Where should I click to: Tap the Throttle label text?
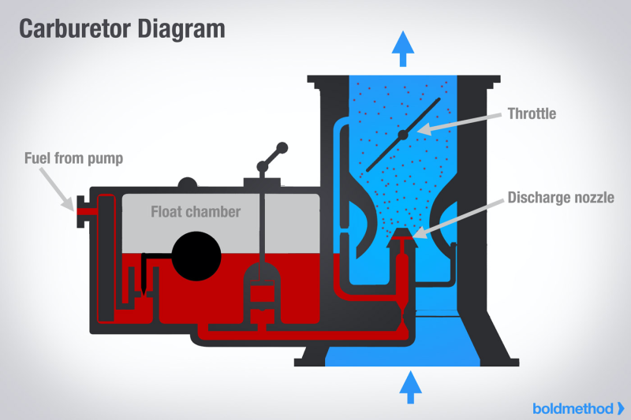pos(532,113)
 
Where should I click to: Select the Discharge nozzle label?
pos(560,196)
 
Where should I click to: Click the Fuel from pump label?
pos(72,158)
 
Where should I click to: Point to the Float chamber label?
pos(196,211)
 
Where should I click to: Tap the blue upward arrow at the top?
pos(403,48)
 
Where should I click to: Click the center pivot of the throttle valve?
pos(403,136)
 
